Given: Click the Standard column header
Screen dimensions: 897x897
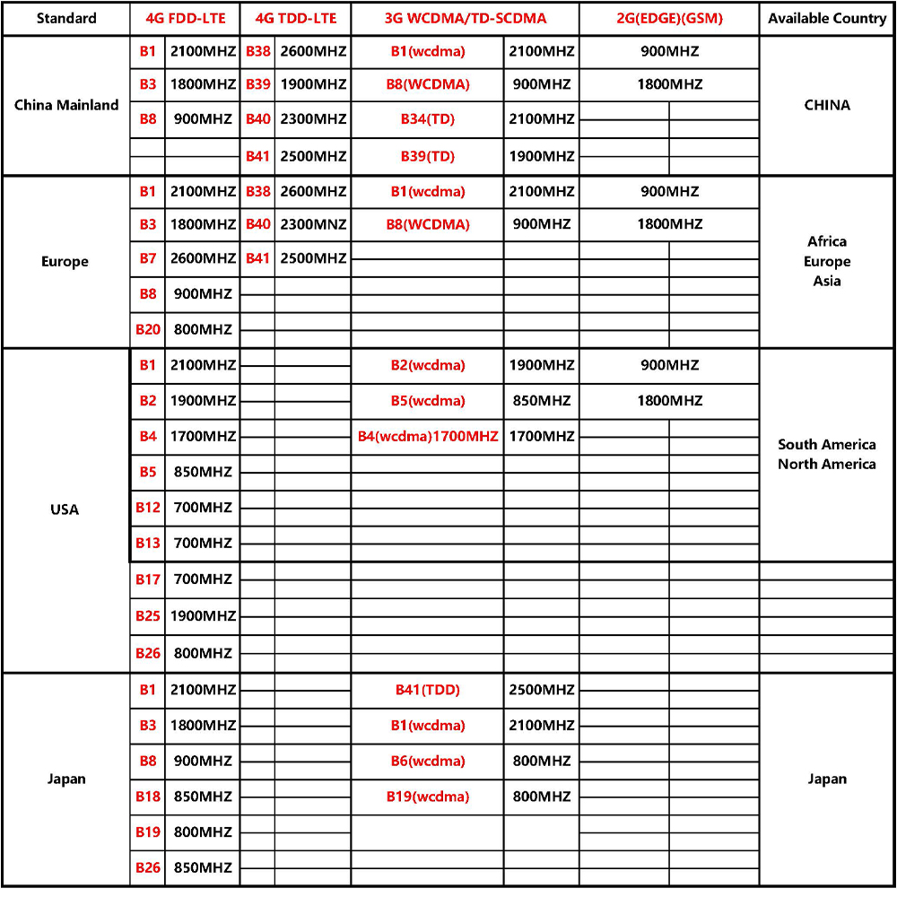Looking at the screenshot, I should pyautogui.click(x=66, y=18).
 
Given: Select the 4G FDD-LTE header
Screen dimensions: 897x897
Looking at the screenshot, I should pyautogui.click(x=184, y=18).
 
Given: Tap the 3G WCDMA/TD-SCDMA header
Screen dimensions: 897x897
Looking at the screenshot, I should pyautogui.click(x=465, y=18).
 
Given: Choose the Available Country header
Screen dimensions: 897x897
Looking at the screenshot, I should pyautogui.click(x=827, y=18).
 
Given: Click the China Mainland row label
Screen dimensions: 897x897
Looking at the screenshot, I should pyautogui.click(x=66, y=105).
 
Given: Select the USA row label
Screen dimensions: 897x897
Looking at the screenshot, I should pyautogui.click(x=65, y=509).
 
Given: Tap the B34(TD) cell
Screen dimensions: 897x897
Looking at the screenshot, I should pyautogui.click(x=428, y=119).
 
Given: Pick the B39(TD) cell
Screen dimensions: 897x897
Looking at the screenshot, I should pyautogui.click(x=428, y=156).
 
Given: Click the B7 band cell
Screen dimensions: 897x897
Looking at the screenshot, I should pyautogui.click(x=148, y=258).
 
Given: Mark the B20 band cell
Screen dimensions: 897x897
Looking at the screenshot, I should pyautogui.click(x=148, y=329).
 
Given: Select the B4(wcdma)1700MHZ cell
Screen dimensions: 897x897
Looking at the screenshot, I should pyautogui.click(x=428, y=437).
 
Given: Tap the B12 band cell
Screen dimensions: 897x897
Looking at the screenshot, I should pyautogui.click(x=148, y=508).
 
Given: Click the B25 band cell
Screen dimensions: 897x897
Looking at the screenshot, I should pyautogui.click(x=148, y=616).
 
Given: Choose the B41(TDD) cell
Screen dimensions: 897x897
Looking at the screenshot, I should pyautogui.click(x=428, y=690).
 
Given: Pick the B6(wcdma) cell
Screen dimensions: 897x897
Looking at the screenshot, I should pyautogui.click(x=428, y=761).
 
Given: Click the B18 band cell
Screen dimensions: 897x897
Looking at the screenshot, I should pyautogui.click(x=148, y=797).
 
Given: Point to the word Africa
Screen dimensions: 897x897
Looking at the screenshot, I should pyautogui.click(x=827, y=241).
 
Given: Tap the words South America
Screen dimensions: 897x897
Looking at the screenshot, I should pyautogui.click(x=827, y=444).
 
